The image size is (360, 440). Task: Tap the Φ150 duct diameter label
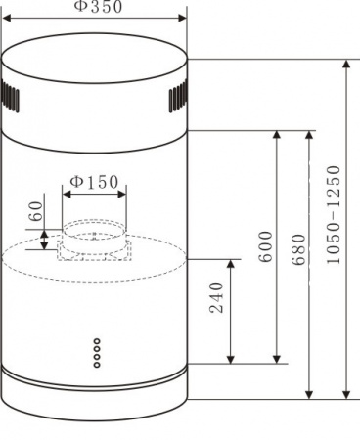pyautogui.click(x=95, y=181)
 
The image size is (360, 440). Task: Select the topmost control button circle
pyautogui.click(x=96, y=342)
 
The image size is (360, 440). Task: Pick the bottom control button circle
pyautogui.click(x=96, y=366)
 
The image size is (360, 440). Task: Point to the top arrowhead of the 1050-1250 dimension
pyautogui.click(x=345, y=64)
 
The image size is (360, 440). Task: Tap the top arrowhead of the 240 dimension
pyautogui.click(x=231, y=263)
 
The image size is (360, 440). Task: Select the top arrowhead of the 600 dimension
pyautogui.click(x=278, y=135)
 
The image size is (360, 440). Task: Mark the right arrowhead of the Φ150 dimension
pyautogui.click(x=126, y=194)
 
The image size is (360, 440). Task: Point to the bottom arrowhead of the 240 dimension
pyautogui.click(x=231, y=358)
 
